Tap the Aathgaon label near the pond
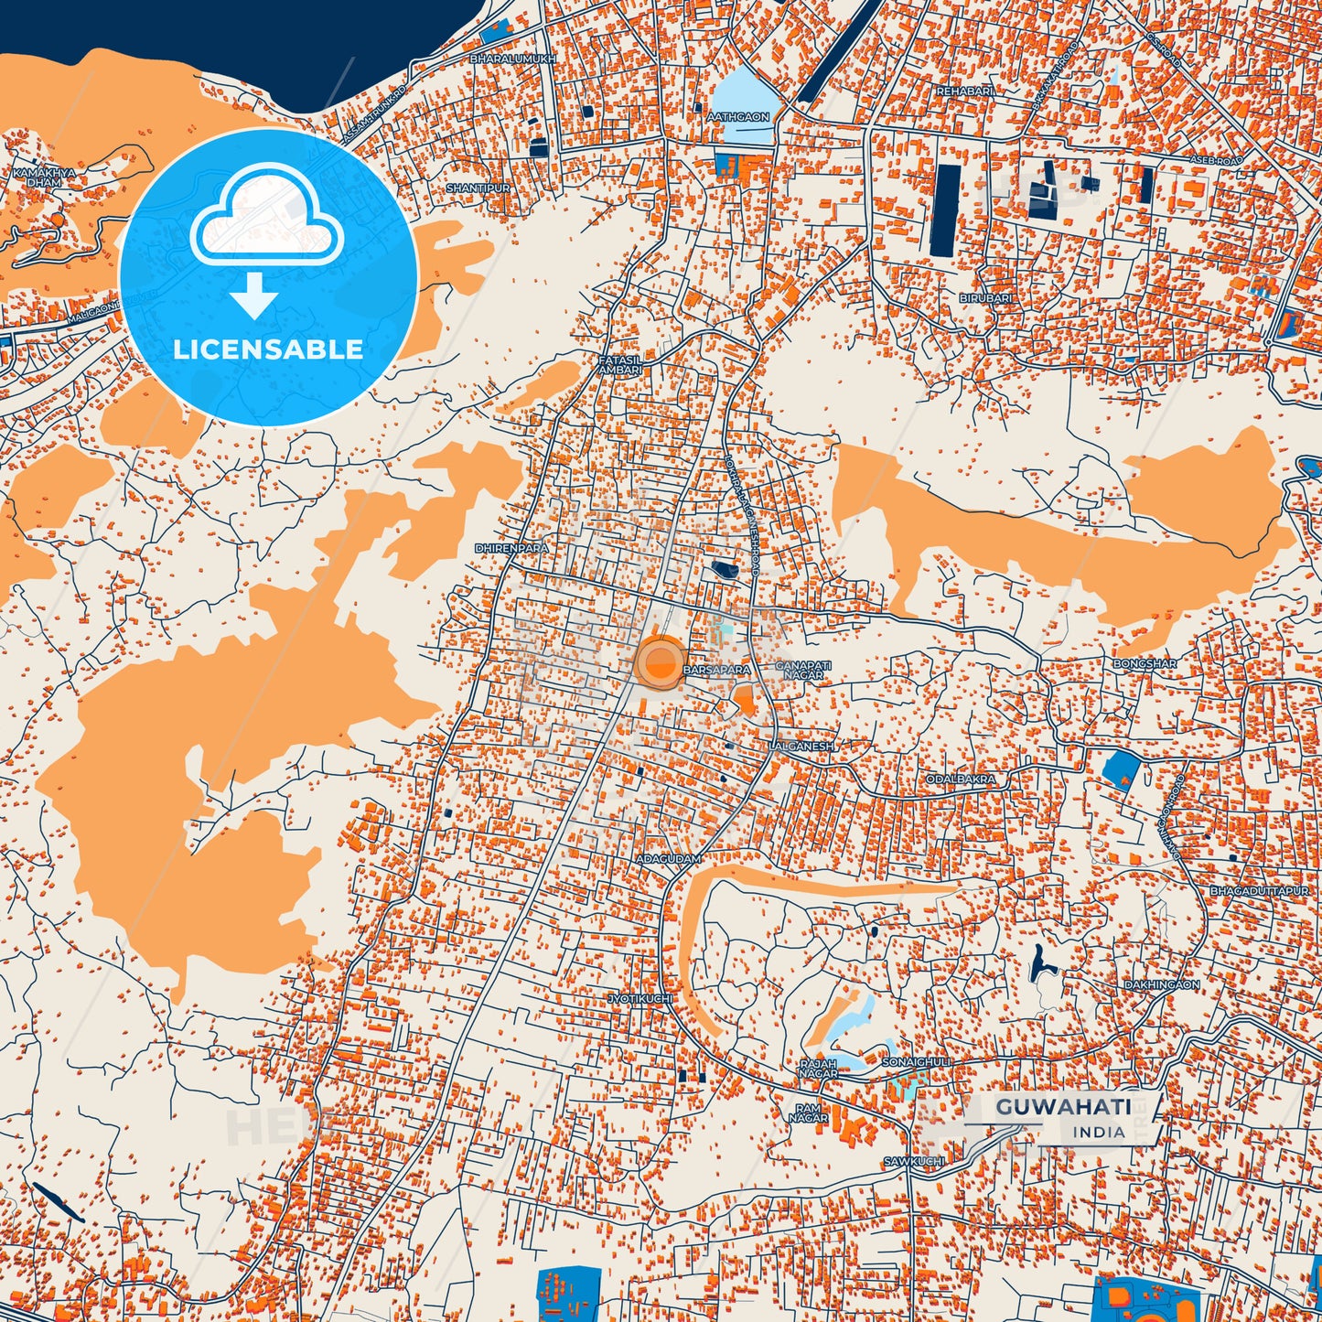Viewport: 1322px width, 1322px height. tap(738, 117)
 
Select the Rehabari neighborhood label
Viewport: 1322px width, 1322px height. tap(963, 91)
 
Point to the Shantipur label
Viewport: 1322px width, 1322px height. tap(478, 188)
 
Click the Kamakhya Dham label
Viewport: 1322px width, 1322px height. tap(44, 177)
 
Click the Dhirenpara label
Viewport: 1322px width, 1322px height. tap(511, 548)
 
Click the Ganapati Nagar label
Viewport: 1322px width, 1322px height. tap(803, 670)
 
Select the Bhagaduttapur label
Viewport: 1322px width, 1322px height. tap(1265, 890)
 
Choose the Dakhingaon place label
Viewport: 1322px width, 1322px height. tap(1162, 984)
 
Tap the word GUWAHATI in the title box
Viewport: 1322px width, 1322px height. tap(1063, 1106)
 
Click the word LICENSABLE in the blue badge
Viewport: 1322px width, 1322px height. tap(268, 349)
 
